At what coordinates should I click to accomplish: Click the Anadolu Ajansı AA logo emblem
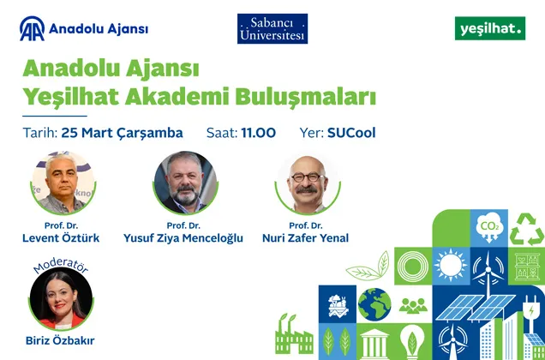(33, 29)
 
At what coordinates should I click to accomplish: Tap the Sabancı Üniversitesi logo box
(272, 28)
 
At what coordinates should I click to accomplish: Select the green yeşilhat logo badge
(489, 28)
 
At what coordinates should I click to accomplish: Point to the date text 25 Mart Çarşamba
(123, 133)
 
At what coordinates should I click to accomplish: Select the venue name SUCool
(351, 133)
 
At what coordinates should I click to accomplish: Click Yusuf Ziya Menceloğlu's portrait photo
(185, 182)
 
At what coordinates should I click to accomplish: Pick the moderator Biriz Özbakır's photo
(61, 298)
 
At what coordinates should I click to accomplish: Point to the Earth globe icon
(374, 304)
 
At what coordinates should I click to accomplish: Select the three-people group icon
(413, 304)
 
